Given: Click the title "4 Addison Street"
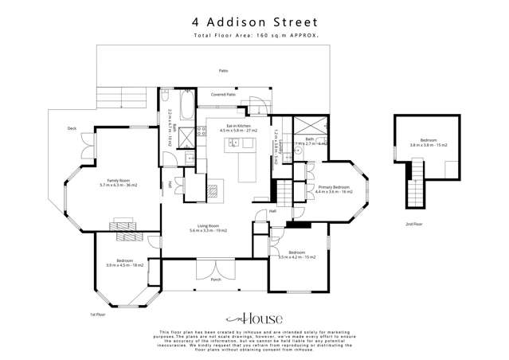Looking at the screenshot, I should (254, 22).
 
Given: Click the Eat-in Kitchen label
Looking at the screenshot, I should (234, 127).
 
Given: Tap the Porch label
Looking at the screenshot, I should (215, 280).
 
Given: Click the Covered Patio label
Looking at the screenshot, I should (223, 95).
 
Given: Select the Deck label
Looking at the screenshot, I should (71, 127).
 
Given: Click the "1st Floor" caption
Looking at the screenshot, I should (97, 314).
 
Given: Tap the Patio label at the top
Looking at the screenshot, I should (224, 72).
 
